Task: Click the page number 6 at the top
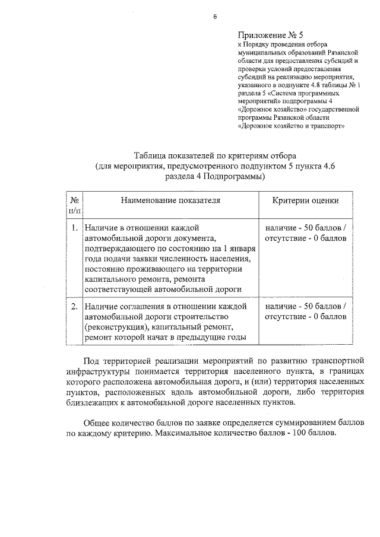click(215, 17)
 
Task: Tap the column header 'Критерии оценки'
click(306, 201)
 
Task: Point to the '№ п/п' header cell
click(75, 205)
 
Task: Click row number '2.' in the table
click(75, 306)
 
